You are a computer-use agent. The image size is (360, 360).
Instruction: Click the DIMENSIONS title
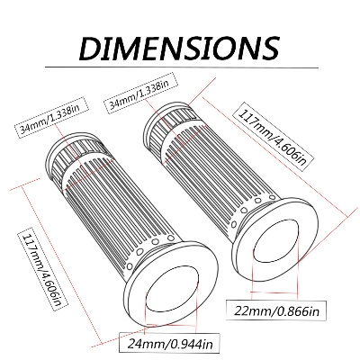(x=179, y=48)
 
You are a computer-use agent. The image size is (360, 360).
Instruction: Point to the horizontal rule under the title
(x=182, y=67)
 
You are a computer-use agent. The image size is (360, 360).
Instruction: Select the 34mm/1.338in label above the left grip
(x=52, y=117)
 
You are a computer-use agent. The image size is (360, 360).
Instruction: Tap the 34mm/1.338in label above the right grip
(x=142, y=93)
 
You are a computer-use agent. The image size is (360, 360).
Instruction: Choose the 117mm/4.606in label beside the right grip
(x=274, y=139)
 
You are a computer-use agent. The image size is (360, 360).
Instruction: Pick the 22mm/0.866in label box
(x=276, y=310)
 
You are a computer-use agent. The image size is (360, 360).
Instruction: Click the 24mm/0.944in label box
(x=169, y=343)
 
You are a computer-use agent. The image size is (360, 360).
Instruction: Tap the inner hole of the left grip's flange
(x=172, y=288)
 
